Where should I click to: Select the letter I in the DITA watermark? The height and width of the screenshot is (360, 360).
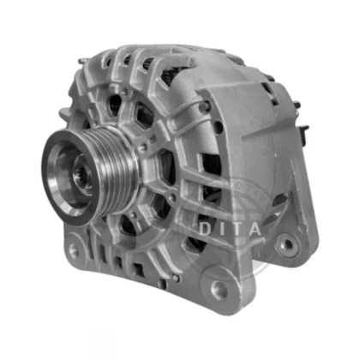coord(224,230)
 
